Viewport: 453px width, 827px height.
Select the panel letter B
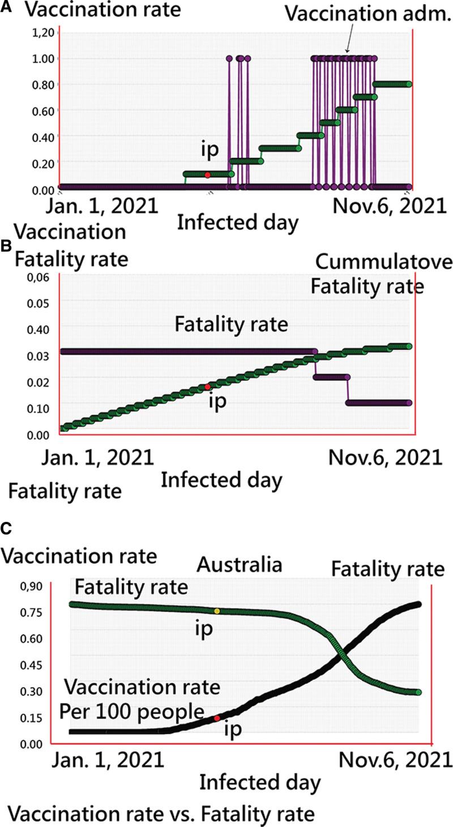click(6, 247)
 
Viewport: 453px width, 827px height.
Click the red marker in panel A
click(208, 175)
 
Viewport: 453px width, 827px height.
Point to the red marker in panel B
click(208, 387)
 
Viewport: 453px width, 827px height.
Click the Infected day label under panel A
click(237, 224)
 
